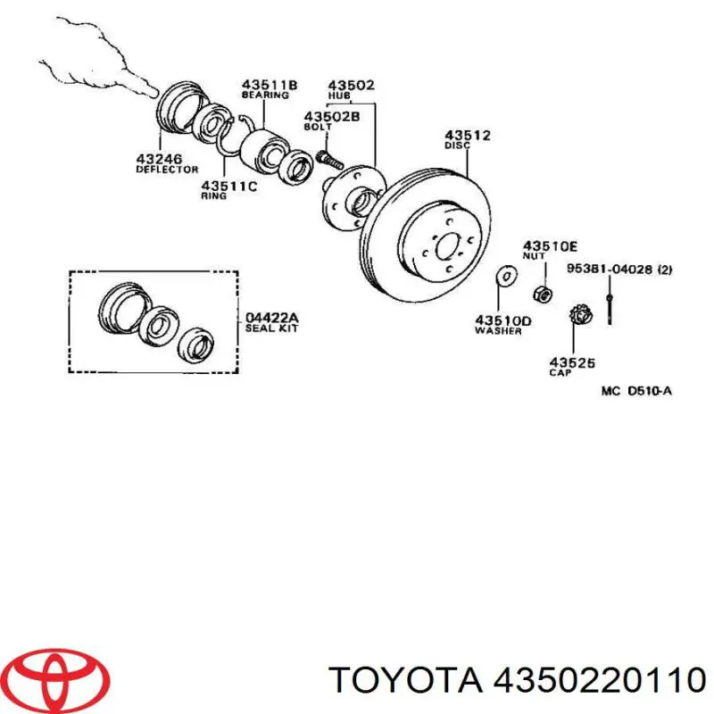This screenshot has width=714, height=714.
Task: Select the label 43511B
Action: [269, 85]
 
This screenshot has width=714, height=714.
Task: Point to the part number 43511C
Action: [228, 186]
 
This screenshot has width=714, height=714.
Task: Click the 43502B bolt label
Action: [331, 116]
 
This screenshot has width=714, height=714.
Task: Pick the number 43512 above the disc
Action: [468, 136]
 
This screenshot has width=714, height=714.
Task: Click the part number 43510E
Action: [551, 245]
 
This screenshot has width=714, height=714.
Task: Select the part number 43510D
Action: [502, 320]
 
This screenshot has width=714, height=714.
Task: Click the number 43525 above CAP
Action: [572, 362]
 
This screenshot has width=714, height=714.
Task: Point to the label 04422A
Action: [272, 319]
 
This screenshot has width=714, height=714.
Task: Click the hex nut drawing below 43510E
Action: [540, 292]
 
